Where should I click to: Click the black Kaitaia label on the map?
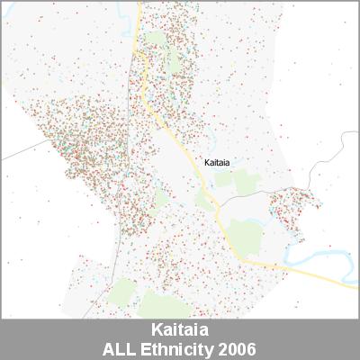pyautogui.click(x=217, y=163)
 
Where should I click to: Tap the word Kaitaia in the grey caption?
pyautogui.click(x=179, y=330)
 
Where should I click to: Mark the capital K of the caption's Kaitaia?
pyautogui.click(x=148, y=330)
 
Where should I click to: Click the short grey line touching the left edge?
pyautogui.click(x=13, y=155)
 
